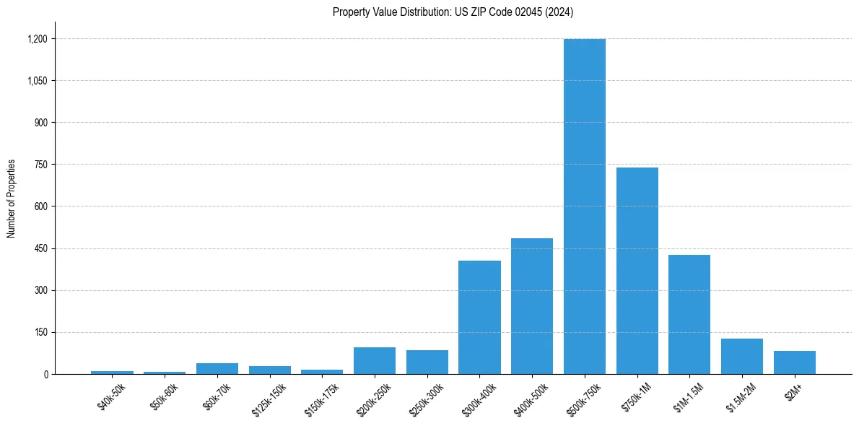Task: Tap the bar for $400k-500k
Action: point(532,306)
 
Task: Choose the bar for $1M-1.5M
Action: point(689,314)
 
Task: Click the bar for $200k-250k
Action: point(375,361)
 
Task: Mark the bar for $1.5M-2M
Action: point(742,356)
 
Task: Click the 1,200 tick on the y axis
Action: point(37,39)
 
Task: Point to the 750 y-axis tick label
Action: point(40,165)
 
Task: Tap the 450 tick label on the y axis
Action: point(40,248)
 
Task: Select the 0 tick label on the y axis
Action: point(45,374)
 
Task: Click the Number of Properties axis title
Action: point(12,199)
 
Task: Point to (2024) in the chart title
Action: point(559,12)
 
